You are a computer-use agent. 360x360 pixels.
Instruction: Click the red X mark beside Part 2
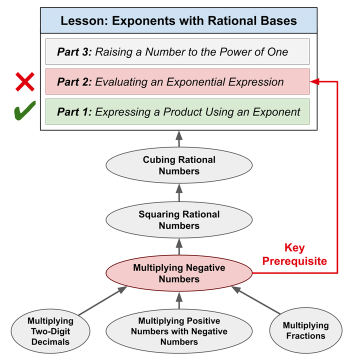point(25,81)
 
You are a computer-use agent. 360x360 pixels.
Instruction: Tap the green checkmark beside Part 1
point(25,110)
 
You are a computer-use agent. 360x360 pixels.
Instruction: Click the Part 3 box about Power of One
point(177,51)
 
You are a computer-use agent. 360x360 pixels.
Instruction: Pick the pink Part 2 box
point(177,81)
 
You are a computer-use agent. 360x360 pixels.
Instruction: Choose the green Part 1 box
point(177,111)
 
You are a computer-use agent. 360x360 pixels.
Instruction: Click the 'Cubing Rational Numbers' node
point(179,165)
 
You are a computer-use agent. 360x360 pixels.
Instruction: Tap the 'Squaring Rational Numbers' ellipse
point(179,219)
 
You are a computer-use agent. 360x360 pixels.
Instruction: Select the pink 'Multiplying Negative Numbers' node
point(179,273)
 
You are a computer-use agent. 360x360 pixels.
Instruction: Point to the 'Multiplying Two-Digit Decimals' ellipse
point(50,331)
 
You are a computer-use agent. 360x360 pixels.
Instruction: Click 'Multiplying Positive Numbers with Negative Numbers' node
point(179,331)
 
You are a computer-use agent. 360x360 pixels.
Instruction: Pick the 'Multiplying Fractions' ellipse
point(306,330)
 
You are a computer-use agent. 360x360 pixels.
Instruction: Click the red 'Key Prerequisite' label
point(294,254)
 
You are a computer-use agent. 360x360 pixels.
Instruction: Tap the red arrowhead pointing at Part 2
point(314,81)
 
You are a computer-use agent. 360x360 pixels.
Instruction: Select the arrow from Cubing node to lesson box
point(179,139)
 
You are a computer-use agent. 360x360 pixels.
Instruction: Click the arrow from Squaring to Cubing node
point(179,192)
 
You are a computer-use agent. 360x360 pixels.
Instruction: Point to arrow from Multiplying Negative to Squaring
point(179,246)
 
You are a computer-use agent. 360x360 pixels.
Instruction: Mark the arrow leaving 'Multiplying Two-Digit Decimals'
point(102,300)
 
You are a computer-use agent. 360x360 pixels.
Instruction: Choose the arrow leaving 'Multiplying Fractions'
point(256,300)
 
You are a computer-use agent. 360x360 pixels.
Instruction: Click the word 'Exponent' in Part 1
point(276,112)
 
